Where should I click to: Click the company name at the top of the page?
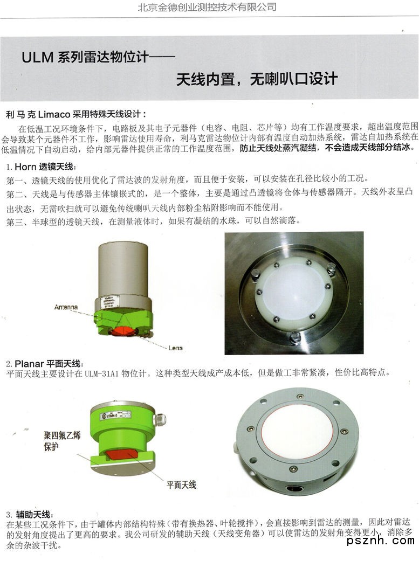coord(207,7)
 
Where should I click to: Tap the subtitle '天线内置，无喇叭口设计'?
coord(257,79)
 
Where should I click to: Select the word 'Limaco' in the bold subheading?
coord(54,115)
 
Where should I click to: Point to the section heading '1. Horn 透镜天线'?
coord(42,167)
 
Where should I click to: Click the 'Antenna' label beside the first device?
coord(66,307)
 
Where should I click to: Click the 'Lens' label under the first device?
coord(175,348)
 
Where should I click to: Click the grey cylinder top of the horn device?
coord(123,268)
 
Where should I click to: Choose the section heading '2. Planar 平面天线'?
coord(45,364)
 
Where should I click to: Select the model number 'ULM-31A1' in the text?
coord(101,373)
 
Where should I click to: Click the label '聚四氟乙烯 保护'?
coord(62,441)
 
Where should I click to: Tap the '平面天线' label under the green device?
coord(181,485)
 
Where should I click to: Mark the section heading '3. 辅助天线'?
coord(30,515)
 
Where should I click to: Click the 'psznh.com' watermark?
coord(381,540)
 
